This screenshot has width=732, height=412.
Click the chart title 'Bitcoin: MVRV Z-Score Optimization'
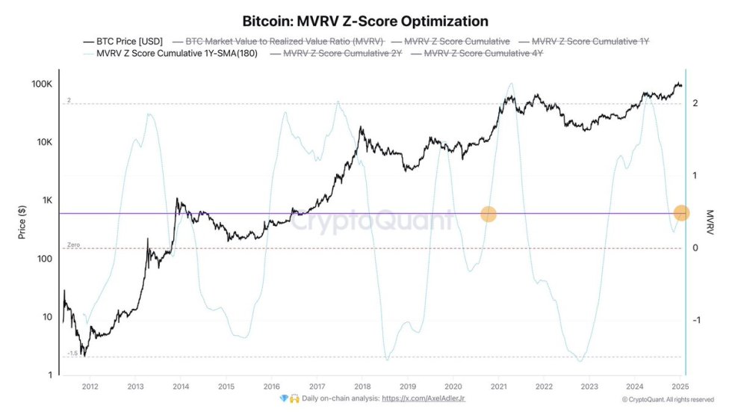[366, 20]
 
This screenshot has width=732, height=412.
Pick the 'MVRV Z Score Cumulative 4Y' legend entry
[483, 54]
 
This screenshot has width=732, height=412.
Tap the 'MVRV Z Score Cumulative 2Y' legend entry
[342, 54]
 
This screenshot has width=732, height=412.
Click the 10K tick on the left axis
[43, 142]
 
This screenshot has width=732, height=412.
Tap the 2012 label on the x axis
[90, 387]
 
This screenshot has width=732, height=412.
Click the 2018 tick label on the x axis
[362, 387]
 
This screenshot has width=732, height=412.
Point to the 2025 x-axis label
[680, 387]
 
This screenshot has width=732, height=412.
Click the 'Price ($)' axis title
[22, 221]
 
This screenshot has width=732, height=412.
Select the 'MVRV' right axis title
[710, 221]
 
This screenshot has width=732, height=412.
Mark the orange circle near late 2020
[488, 214]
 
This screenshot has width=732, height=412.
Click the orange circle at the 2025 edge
[681, 213]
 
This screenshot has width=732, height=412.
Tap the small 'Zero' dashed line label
[73, 245]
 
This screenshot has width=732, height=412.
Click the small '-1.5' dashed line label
[72, 353]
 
